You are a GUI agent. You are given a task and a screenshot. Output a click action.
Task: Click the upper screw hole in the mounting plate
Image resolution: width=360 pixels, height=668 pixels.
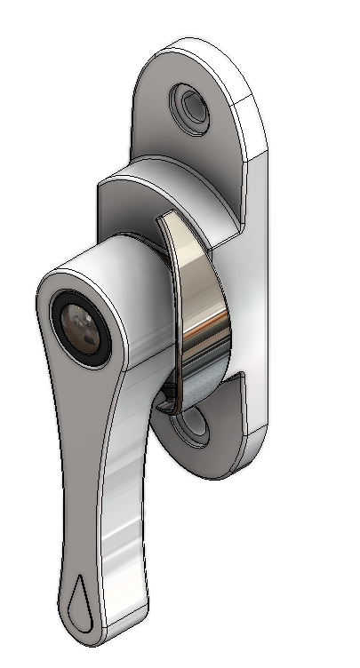click(x=189, y=105)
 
